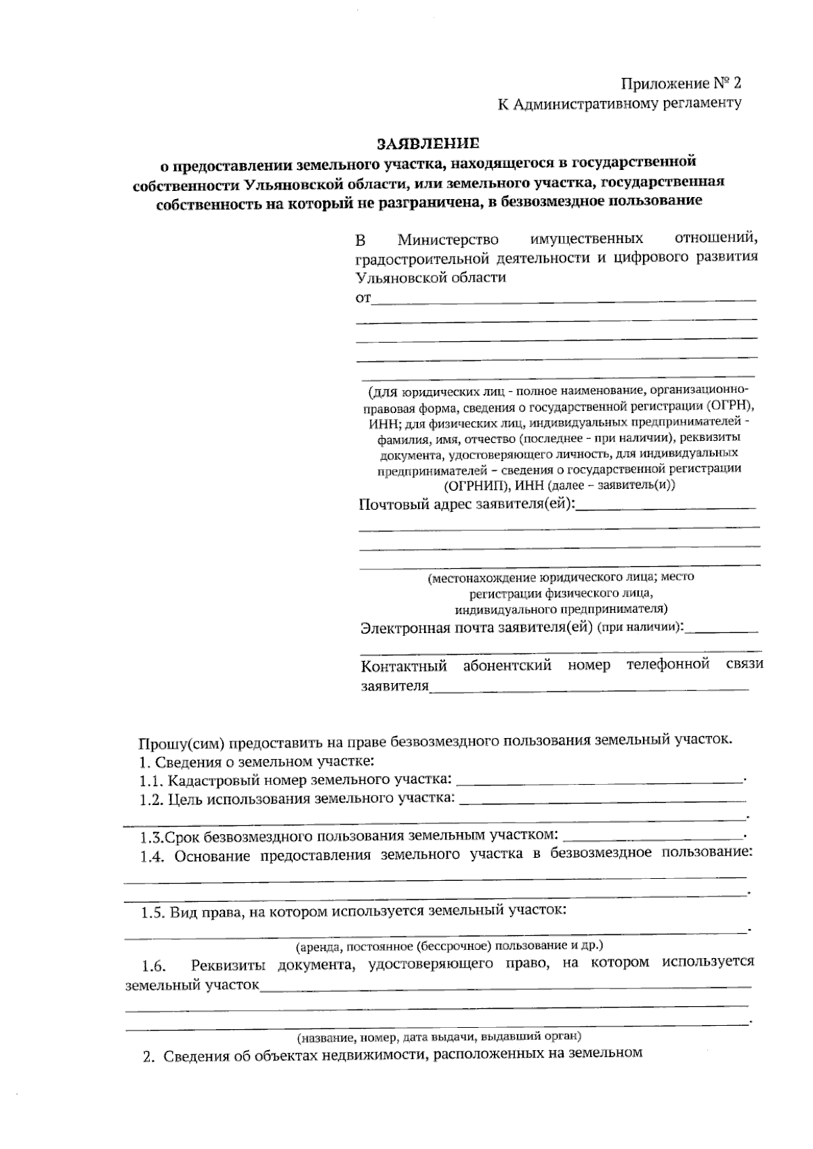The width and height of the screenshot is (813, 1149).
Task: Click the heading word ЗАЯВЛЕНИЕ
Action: coord(428,143)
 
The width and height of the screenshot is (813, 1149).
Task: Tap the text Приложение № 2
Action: coord(682,83)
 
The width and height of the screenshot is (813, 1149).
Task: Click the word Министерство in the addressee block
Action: coord(448,240)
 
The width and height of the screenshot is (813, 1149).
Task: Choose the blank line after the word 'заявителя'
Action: coord(589,688)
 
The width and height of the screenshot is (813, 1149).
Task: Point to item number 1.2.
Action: coord(152,799)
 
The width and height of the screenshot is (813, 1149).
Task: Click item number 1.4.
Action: coord(152,857)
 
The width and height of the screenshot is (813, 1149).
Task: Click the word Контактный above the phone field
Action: coord(404,666)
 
